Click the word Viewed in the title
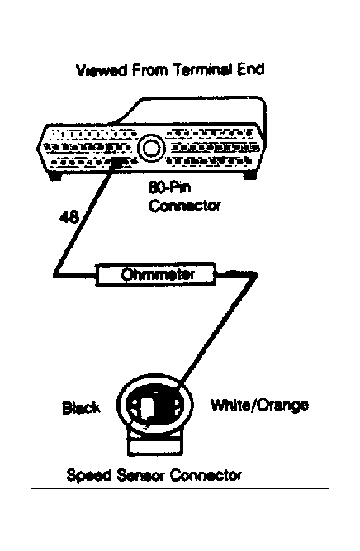102,70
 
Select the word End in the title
251,69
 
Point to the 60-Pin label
169,188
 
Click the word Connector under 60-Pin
185,206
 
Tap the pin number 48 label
69,217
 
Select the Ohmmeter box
155,274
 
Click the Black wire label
81,408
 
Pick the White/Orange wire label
259,405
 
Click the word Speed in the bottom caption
89,476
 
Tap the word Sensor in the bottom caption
141,476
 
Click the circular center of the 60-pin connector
151,148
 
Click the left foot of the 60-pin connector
54,177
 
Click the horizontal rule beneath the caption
180,488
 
